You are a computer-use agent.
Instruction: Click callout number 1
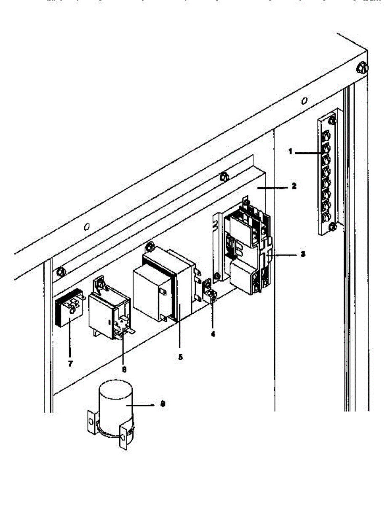290,152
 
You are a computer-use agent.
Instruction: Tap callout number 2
294,186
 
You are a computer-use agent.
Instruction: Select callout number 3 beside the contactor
302,255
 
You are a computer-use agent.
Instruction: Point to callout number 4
213,333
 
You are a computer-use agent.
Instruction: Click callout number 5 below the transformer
180,357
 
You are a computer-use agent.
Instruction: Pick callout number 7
70,363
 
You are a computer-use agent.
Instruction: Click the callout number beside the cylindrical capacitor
163,404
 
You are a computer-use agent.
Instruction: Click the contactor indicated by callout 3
244,253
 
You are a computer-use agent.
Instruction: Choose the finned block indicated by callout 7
69,312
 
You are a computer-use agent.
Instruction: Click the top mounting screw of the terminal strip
332,121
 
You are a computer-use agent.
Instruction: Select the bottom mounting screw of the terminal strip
332,227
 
